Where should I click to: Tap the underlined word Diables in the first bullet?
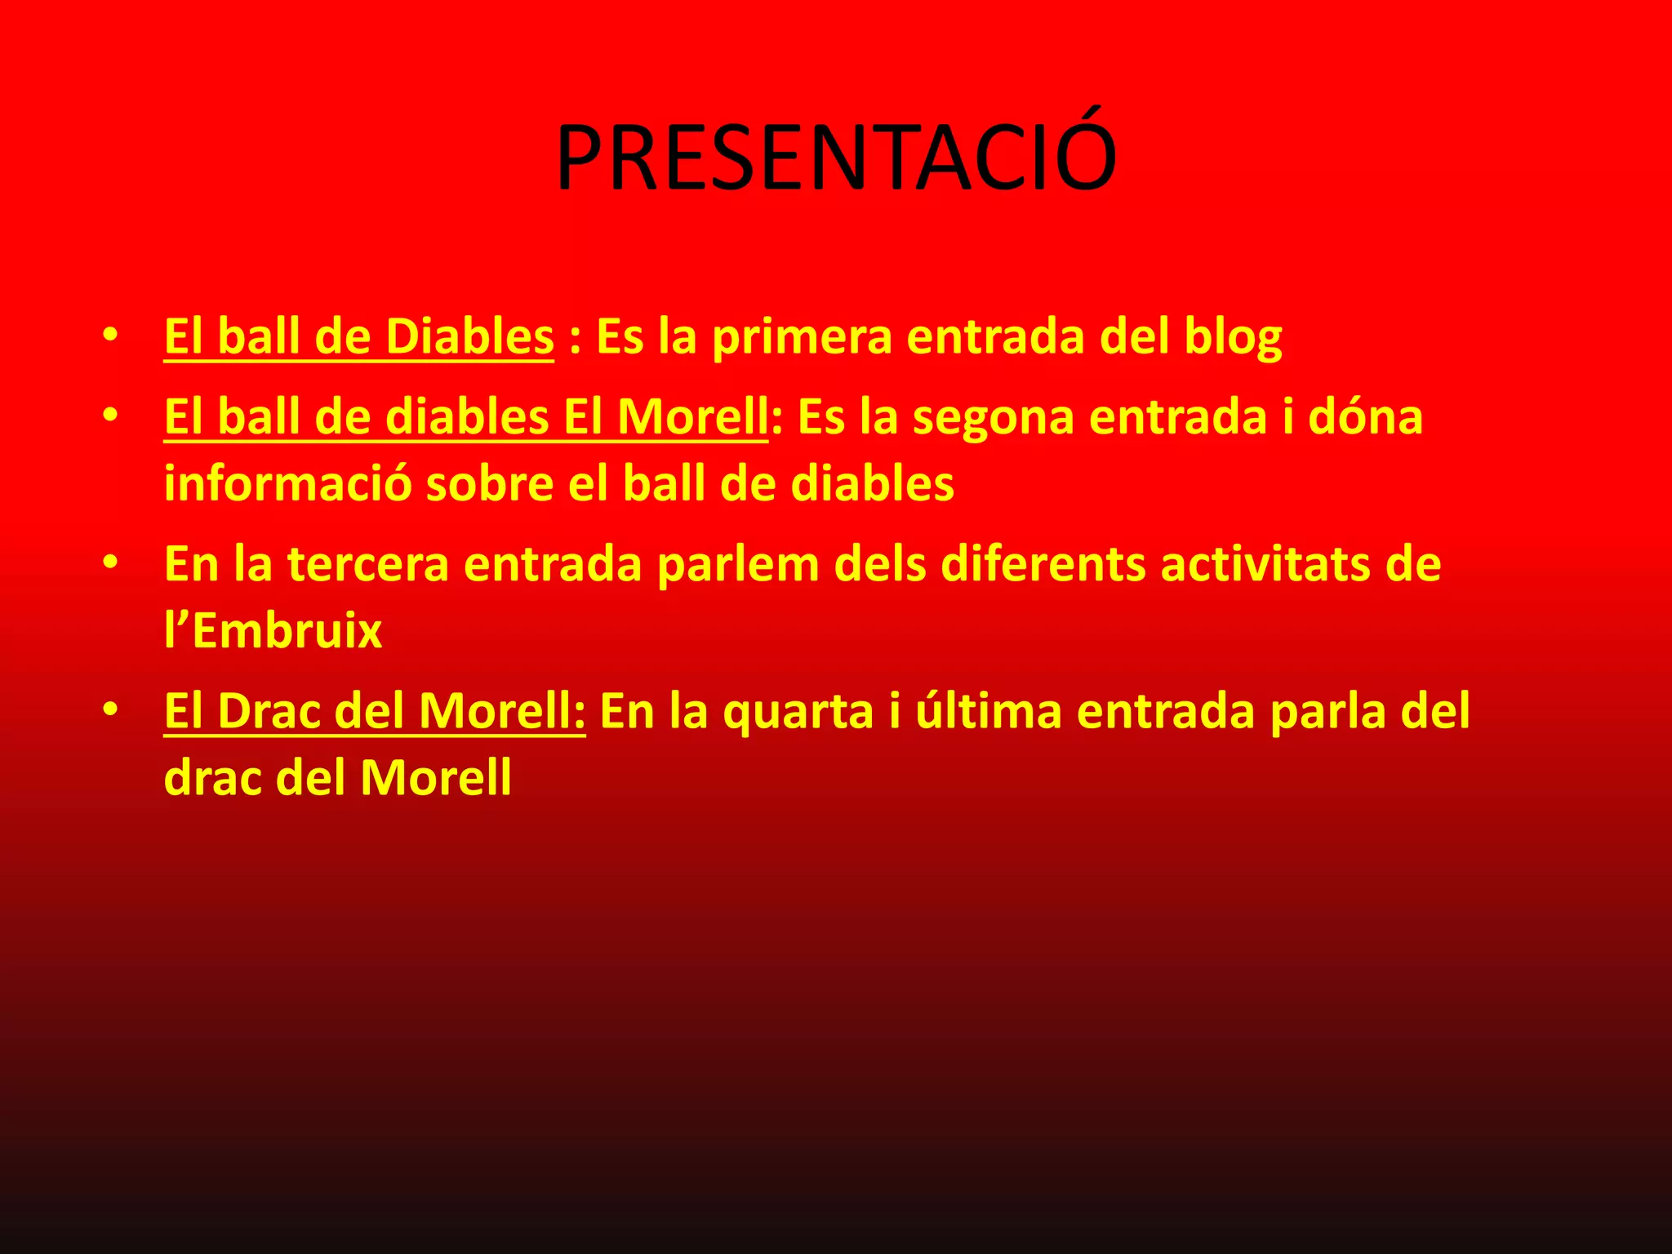coord(469,336)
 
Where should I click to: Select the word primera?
coord(803,338)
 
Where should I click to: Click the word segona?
coord(993,418)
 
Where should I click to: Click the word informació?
coord(287,483)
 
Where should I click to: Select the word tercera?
coord(367,564)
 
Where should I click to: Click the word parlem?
coord(737,565)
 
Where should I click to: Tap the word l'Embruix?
coord(273,631)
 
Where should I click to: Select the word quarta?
coord(798,713)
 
